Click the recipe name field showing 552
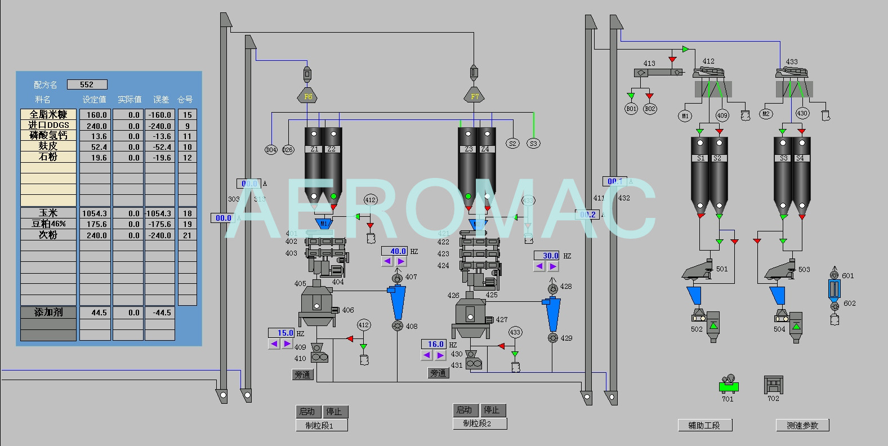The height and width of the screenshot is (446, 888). click(x=87, y=84)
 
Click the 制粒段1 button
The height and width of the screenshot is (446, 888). click(x=322, y=425)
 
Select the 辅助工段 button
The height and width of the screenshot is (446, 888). click(x=704, y=425)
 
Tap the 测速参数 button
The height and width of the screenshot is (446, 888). click(x=802, y=425)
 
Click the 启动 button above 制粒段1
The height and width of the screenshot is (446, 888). click(x=307, y=411)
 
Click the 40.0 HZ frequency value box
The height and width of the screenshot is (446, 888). click(x=394, y=251)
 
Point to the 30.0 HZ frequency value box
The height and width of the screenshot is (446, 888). click(x=546, y=256)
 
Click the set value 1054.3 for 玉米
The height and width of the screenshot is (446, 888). click(x=95, y=213)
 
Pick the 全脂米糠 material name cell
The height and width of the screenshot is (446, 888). click(x=48, y=114)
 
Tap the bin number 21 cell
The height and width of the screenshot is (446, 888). click(x=188, y=235)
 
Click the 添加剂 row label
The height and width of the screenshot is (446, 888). click(x=48, y=312)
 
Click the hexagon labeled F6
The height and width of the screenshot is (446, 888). click(x=308, y=96)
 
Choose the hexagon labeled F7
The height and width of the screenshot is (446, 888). click(x=475, y=96)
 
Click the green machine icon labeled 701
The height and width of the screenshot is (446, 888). click(x=729, y=386)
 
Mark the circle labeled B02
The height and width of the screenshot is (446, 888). click(x=650, y=109)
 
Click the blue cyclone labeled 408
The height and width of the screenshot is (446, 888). click(x=397, y=304)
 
